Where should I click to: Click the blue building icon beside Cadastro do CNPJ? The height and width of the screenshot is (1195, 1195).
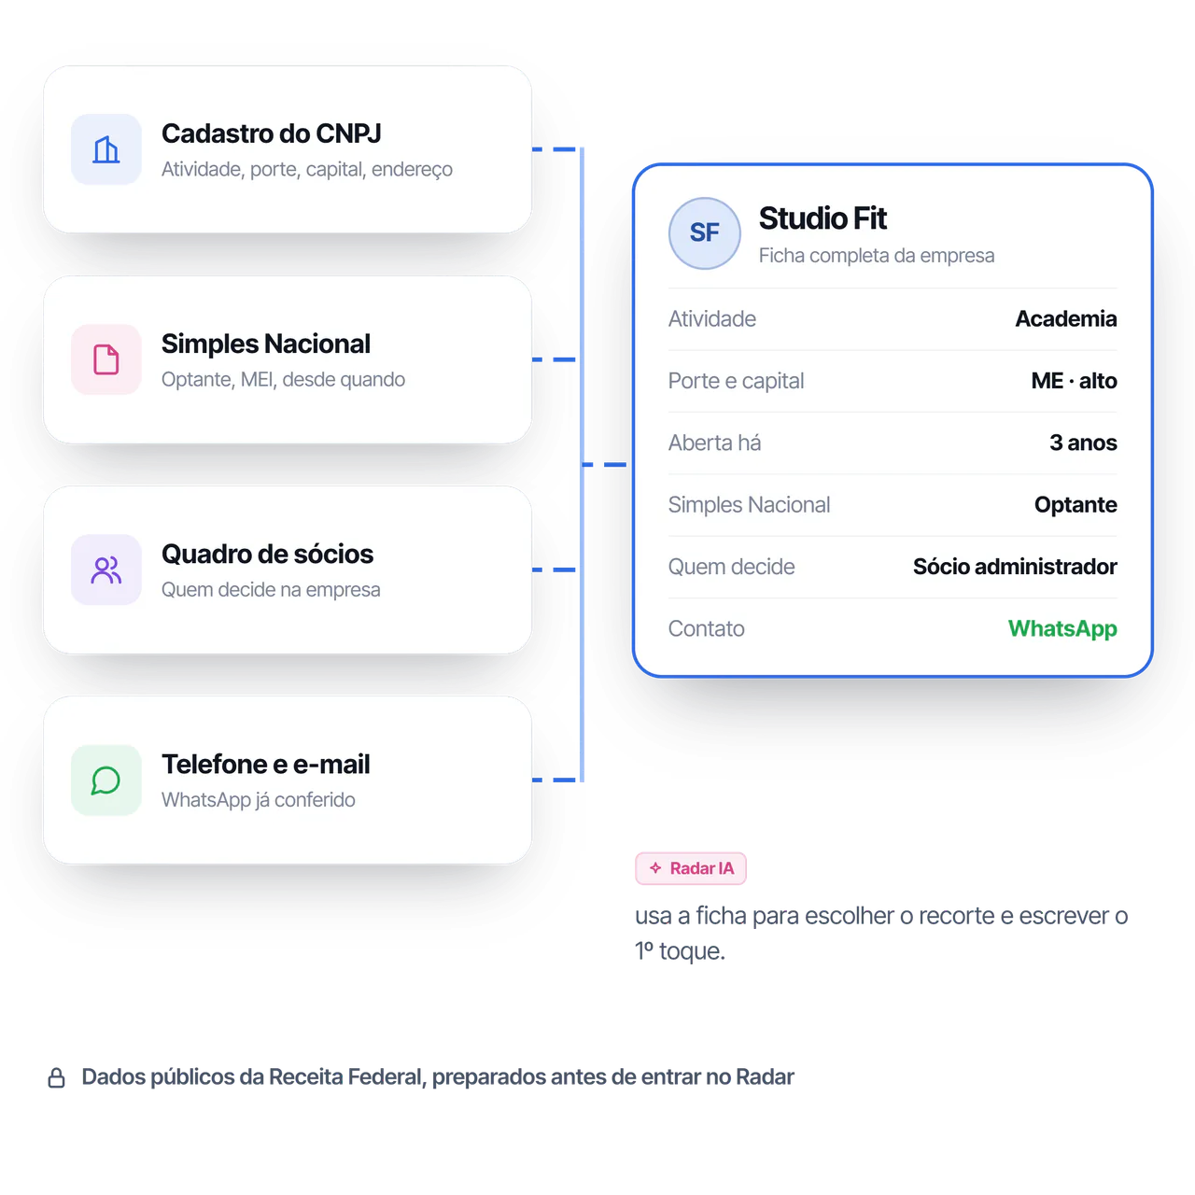point(106,149)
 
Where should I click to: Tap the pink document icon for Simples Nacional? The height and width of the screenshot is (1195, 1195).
point(106,359)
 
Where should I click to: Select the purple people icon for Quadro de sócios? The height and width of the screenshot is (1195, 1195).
point(106,569)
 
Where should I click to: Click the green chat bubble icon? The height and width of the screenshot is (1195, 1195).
point(106,780)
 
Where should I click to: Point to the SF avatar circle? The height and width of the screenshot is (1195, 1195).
point(705,233)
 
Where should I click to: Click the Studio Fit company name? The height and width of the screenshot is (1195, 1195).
point(822,218)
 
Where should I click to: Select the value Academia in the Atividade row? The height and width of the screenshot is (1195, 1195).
point(1065,318)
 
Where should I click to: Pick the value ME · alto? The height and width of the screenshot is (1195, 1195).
point(1074,381)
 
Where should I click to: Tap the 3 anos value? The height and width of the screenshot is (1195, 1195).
point(1083,443)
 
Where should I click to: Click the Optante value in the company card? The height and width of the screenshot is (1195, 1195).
point(1075,505)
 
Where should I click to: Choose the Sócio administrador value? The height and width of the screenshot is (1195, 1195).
point(1015,567)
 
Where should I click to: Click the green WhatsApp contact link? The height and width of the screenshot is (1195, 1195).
point(1062,629)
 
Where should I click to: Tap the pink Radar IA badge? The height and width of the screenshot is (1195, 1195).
point(690,868)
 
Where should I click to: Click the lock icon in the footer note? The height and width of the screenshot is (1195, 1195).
point(56,1077)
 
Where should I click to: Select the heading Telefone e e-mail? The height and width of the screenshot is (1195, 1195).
point(265,764)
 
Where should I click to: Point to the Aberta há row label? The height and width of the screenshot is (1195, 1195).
point(714,443)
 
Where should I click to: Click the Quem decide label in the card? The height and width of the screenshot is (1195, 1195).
point(731,567)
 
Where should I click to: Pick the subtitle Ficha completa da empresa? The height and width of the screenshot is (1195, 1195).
point(877,256)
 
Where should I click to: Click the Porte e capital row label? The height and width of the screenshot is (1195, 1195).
point(736,381)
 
